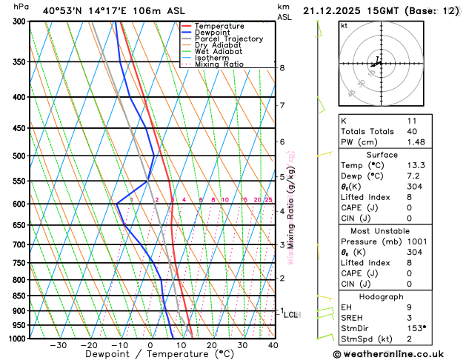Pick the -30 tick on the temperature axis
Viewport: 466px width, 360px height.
pos(58,345)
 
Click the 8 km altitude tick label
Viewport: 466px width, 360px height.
pos(282,68)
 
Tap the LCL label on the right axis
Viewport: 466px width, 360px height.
pos(290,315)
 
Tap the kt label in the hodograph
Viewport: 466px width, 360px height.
pos(344,26)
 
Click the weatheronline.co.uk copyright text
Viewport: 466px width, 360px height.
pos(396,353)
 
